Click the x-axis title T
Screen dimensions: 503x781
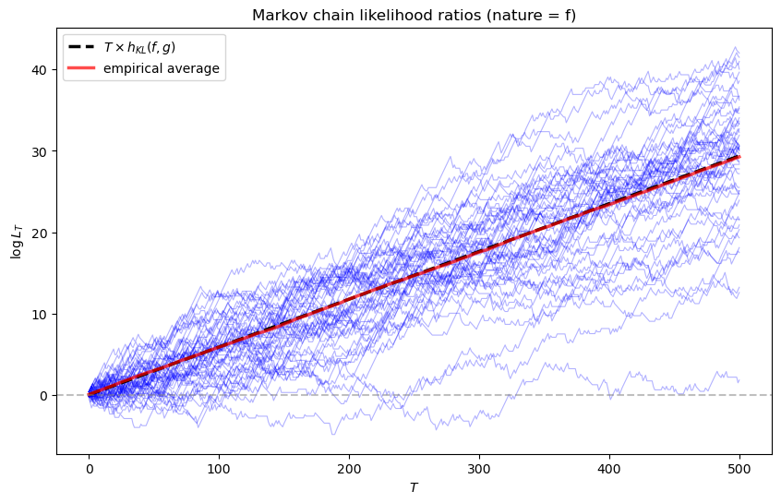414,487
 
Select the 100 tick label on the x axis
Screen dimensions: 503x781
219,468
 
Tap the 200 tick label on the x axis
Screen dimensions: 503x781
349,468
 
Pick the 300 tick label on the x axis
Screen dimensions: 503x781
479,468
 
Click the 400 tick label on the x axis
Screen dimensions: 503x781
609,468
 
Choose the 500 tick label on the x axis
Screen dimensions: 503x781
739,468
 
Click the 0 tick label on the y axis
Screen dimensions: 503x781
44,395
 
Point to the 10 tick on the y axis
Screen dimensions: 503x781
42,314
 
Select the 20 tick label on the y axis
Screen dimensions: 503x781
42,233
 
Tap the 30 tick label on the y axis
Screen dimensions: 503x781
42,151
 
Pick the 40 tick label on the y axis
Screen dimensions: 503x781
42,70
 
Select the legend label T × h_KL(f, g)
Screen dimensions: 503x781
151,48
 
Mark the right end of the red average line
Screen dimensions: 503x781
739,157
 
